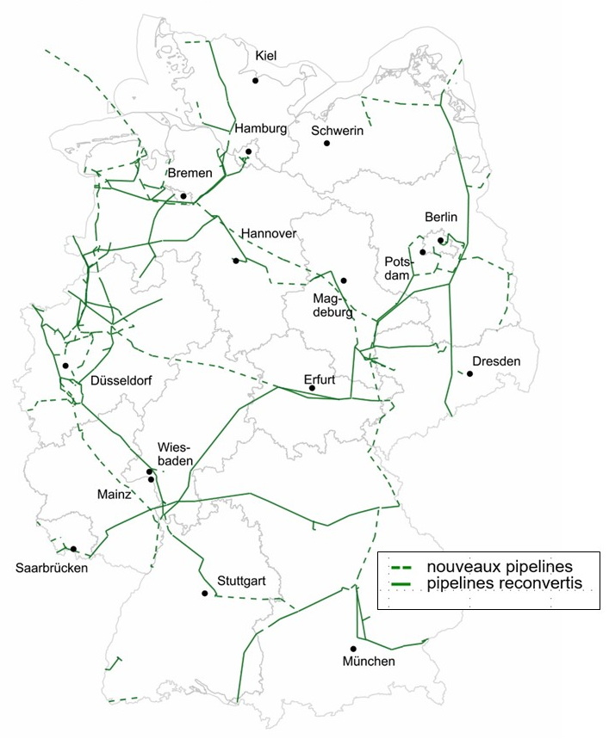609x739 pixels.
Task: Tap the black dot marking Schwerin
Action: tap(327, 143)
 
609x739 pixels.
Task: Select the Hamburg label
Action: tap(260, 128)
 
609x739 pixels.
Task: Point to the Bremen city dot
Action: tap(183, 196)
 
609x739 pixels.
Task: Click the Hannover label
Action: tap(269, 233)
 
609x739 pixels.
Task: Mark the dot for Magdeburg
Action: tap(344, 280)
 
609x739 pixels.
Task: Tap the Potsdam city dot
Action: tap(423, 252)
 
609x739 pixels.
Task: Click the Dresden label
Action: tap(496, 361)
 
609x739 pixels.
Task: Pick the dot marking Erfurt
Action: tap(313, 388)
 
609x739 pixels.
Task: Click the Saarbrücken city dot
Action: tap(74, 549)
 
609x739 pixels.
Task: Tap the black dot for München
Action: tap(353, 649)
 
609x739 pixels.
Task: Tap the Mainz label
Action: tap(114, 495)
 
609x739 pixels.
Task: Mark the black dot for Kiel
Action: tap(256, 81)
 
